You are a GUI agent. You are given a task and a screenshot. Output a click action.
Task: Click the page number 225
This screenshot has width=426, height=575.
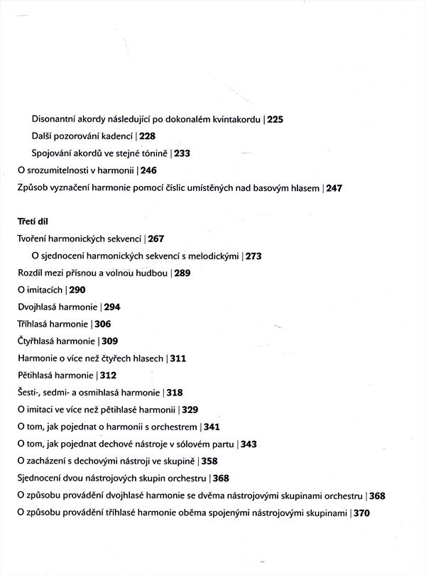coord(275,119)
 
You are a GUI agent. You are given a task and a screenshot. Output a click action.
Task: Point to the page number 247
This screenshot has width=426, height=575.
coord(334,188)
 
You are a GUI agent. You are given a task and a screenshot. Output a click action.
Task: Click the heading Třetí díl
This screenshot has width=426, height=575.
coord(32,221)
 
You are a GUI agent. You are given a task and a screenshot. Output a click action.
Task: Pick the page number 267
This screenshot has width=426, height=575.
coord(156,239)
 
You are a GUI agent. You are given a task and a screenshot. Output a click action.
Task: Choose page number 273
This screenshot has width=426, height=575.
coord(253,256)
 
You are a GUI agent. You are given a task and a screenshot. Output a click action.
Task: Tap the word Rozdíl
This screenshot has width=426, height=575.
coord(31,273)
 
